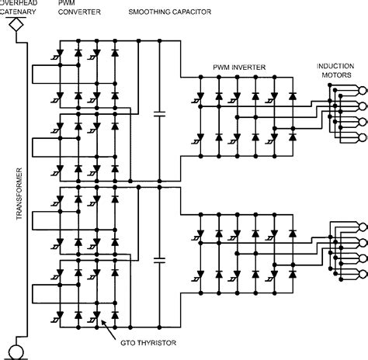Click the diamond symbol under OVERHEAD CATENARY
(x=12, y=25)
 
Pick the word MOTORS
(x=340, y=76)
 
